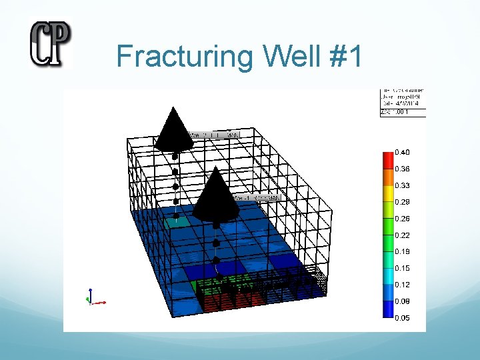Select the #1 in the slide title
click(x=346, y=57)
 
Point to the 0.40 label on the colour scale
click(x=403, y=153)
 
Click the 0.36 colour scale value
click(x=403, y=169)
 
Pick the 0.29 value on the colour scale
click(x=403, y=202)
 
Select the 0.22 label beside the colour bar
click(x=403, y=235)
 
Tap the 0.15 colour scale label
click(x=403, y=268)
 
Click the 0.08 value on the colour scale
click(x=403, y=301)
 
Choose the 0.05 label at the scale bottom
click(x=403, y=318)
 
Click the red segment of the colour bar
click(x=387, y=160)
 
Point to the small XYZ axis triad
click(x=93, y=298)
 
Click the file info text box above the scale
click(x=402, y=102)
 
